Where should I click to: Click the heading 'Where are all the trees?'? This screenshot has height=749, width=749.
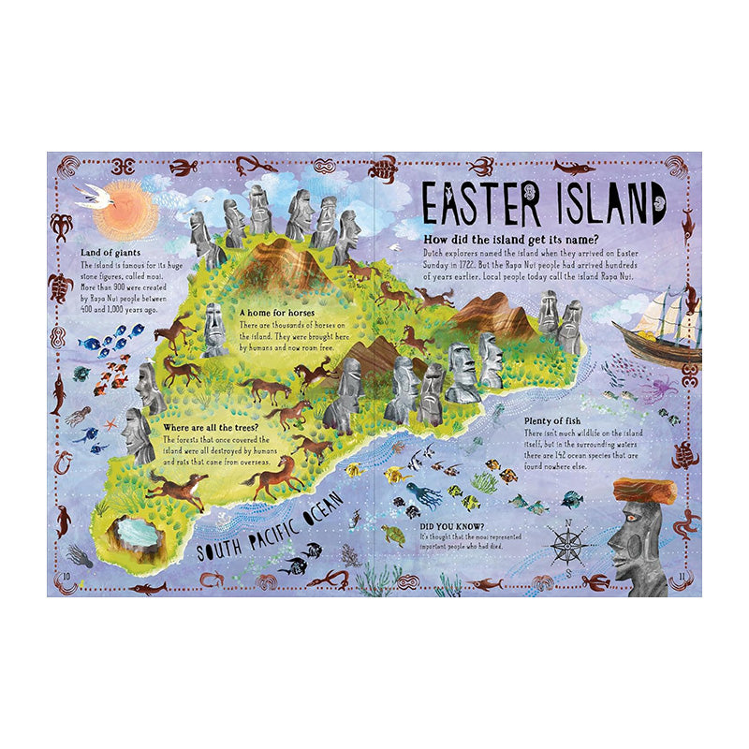click(x=212, y=427)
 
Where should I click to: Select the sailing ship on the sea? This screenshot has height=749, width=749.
click(x=661, y=327)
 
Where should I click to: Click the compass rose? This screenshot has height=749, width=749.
click(x=566, y=545)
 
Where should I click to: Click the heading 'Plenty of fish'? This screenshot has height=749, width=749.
click(x=557, y=420)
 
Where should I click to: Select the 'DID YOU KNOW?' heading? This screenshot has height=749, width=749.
click(x=419, y=525)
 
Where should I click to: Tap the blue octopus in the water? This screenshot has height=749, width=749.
click(x=423, y=494)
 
